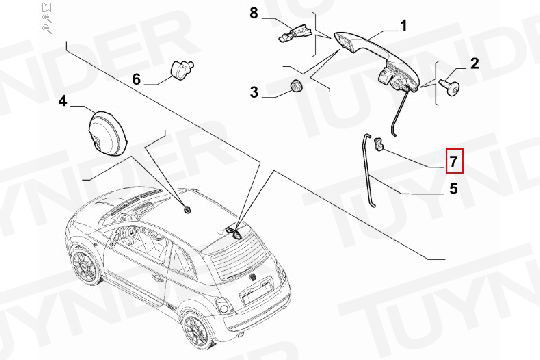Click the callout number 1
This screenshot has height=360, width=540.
click(x=403, y=26)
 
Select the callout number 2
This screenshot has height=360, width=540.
click(x=475, y=63)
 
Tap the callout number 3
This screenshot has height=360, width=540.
click(x=254, y=92)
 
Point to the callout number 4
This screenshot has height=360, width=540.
click(x=63, y=102)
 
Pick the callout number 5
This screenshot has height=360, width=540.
click(x=454, y=189)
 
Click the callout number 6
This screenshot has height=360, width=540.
click(x=137, y=79)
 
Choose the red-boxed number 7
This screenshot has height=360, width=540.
click(x=455, y=161)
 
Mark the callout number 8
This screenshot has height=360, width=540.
click(x=253, y=13)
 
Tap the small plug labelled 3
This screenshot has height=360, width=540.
click(x=296, y=86)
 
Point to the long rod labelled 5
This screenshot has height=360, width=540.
click(x=368, y=171)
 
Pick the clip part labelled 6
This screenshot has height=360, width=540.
click(x=183, y=69)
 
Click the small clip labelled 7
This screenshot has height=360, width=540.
click(x=380, y=144)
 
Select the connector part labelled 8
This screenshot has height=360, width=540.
click(x=295, y=33)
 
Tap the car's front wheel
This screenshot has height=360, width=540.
click(x=84, y=265)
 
